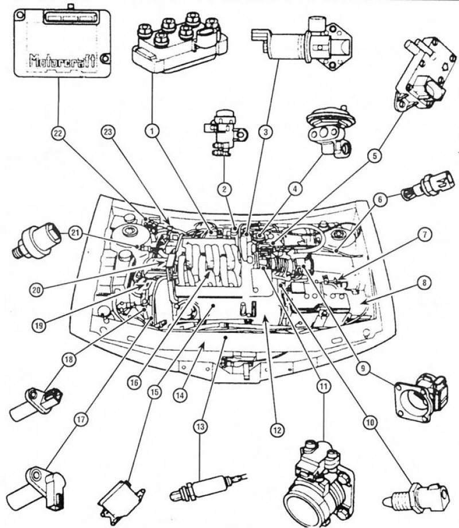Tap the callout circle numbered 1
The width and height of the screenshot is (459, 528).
click(x=152, y=132)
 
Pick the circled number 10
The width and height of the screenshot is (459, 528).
click(x=368, y=422)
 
